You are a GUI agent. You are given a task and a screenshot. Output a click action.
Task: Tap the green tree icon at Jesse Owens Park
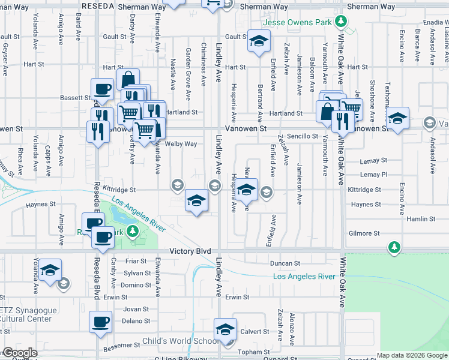pyautogui.click(x=341, y=22)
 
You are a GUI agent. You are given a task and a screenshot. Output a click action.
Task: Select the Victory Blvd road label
pyautogui.click(x=190, y=251)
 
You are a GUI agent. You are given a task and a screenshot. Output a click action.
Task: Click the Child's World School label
pyautogui.click(x=181, y=341)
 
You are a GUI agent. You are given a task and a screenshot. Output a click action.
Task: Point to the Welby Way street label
pyautogui.click(x=181, y=144)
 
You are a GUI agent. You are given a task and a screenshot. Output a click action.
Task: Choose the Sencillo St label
pyautogui.click(x=302, y=137)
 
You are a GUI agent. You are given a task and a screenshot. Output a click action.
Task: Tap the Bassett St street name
pyautogui.click(x=74, y=97)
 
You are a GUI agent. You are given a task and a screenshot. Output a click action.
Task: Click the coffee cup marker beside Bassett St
pyautogui.click(x=102, y=90)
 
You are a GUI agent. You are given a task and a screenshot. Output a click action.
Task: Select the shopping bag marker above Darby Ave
pyautogui.click(x=128, y=80)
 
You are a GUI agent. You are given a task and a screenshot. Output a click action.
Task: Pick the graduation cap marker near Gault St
pyautogui.click(x=259, y=41)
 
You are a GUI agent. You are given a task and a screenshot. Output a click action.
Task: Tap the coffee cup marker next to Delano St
pyautogui.click(x=100, y=321)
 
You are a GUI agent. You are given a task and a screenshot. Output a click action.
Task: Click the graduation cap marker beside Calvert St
pyautogui.click(x=225, y=329)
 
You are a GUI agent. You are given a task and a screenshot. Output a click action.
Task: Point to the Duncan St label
pyautogui.click(x=285, y=263)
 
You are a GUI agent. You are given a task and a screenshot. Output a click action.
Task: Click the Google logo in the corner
pyautogui.click(x=20, y=353)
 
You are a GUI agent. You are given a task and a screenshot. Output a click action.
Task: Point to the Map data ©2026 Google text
pyautogui.click(x=412, y=355)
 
